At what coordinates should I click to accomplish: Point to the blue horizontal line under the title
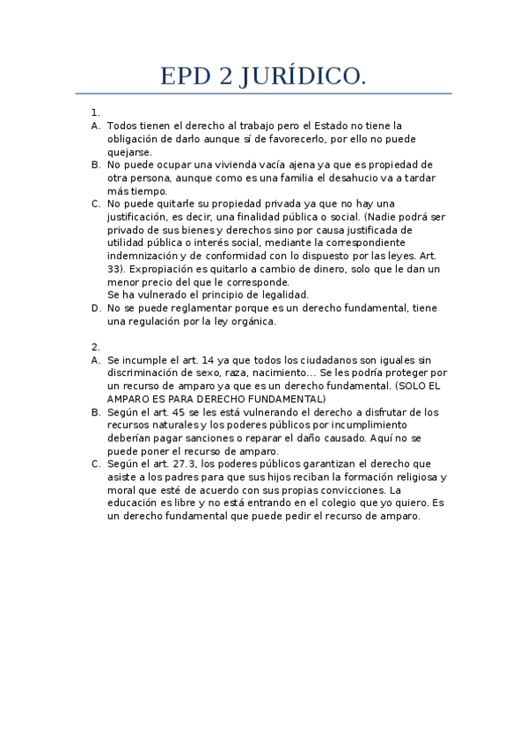263,93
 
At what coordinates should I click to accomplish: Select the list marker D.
95,308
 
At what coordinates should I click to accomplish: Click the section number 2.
94,347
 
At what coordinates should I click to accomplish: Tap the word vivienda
239,164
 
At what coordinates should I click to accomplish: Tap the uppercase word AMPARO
130,399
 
